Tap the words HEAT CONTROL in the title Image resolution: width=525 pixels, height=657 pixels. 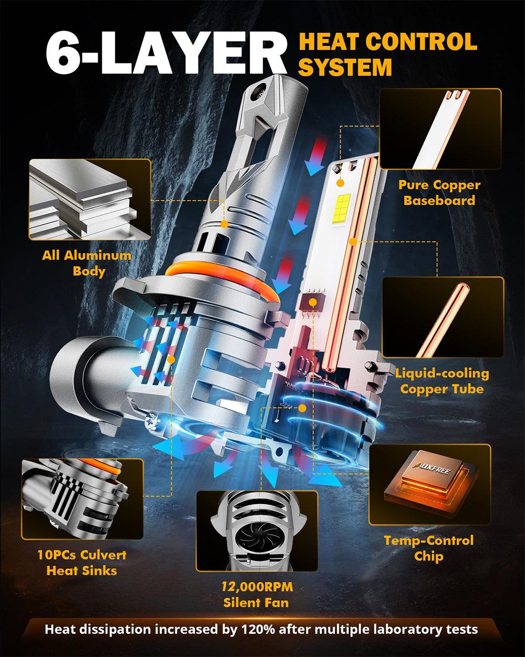pos(387,42)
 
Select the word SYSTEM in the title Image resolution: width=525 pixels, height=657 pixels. pos(344,67)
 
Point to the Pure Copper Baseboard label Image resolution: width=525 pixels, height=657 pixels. pos(439,192)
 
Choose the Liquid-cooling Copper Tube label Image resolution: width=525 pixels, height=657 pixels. pos(442,381)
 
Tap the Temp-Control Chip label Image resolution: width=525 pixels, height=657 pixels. pos(428,548)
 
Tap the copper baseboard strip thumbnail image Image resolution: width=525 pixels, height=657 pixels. pos(439,129)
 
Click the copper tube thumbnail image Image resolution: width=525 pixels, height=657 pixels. pos(443,317)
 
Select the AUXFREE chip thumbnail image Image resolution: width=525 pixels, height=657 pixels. pos(429,484)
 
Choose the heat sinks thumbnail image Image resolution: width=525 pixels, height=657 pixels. pos(82,498)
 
